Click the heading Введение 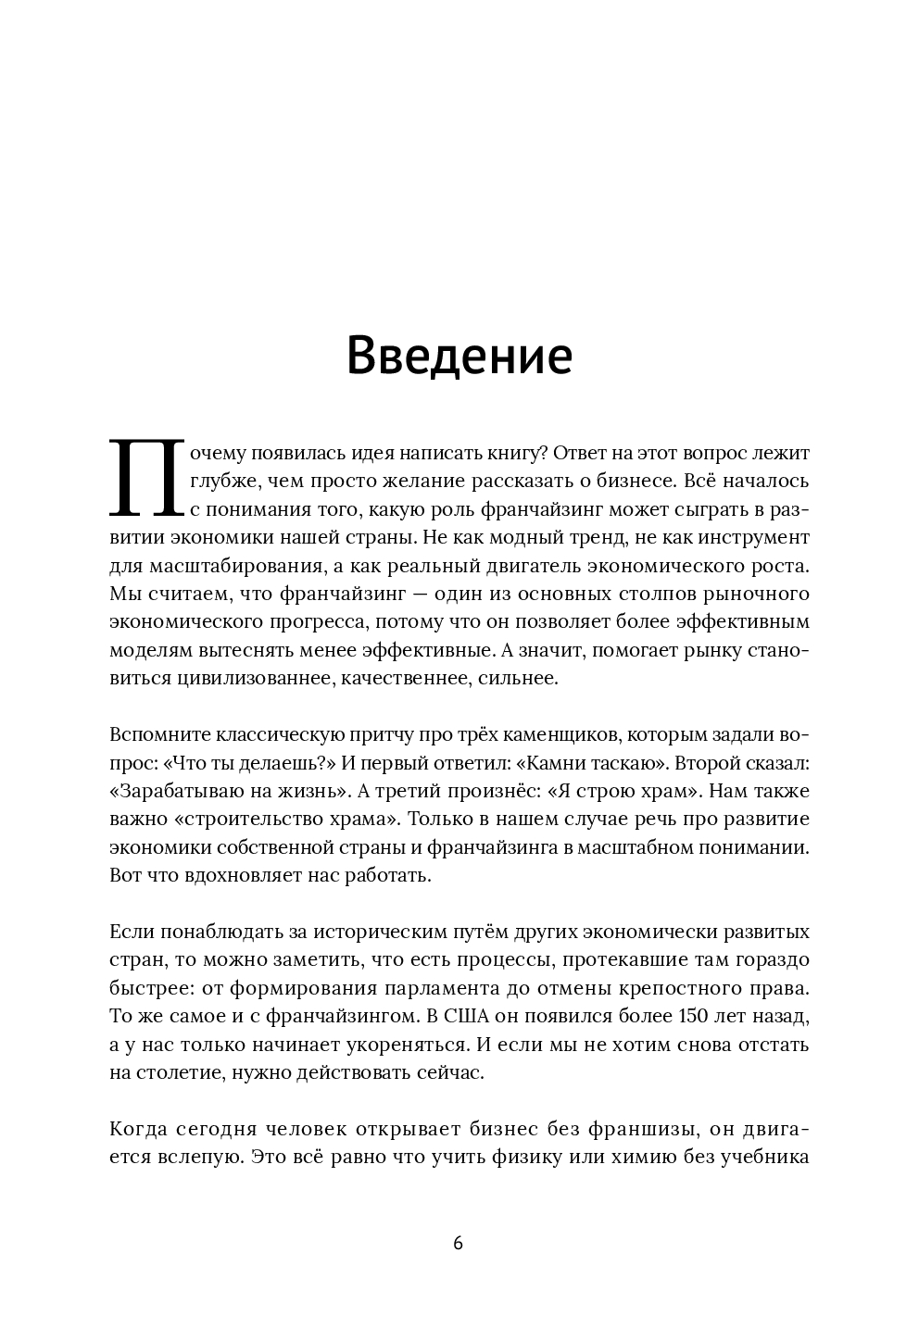(x=459, y=357)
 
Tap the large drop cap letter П (x=145, y=480)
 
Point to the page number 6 (x=458, y=1243)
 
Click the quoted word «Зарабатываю (x=189, y=792)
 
